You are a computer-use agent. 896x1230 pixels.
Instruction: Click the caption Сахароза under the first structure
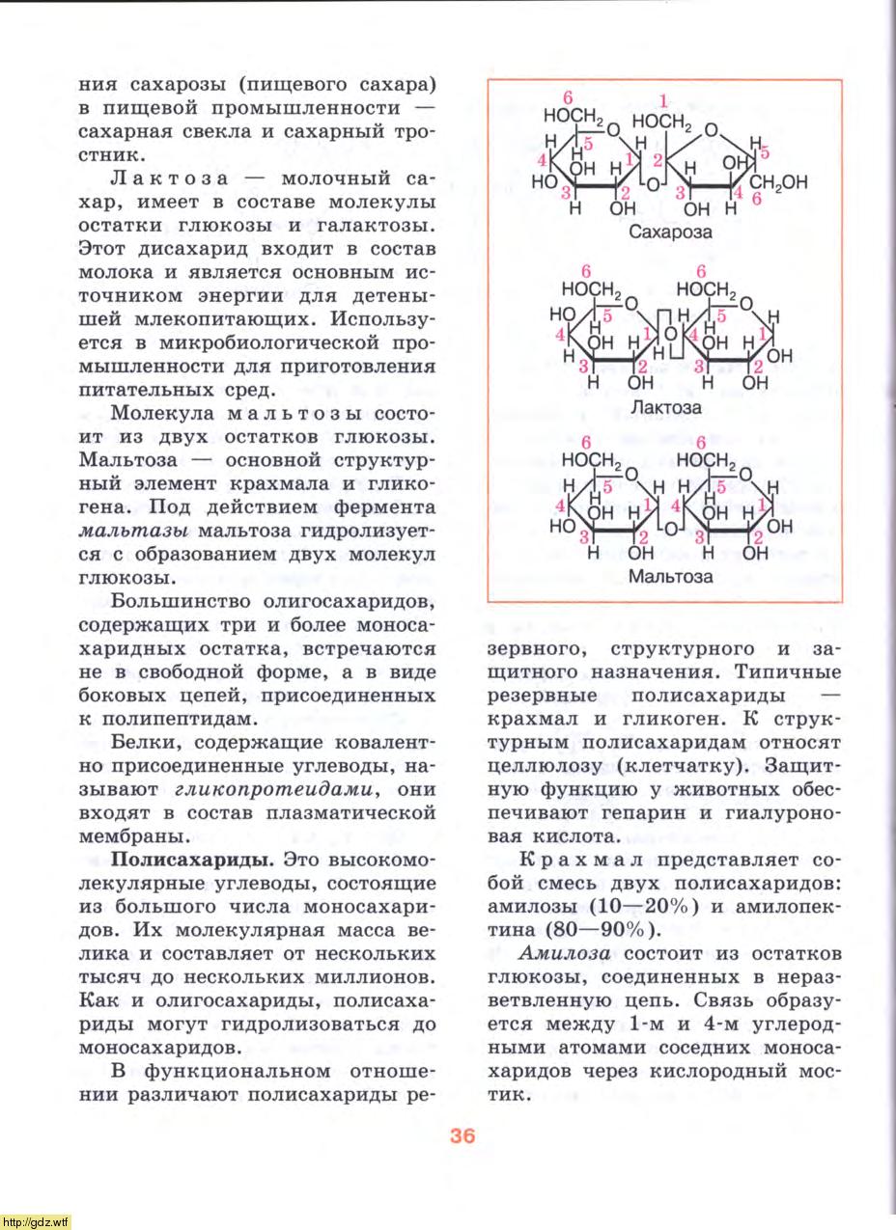[x=670, y=232]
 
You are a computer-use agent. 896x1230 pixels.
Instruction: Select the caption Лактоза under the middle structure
[x=665, y=407]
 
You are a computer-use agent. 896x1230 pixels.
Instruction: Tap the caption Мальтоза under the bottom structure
[x=670, y=577]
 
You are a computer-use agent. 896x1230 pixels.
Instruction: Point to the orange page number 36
[x=462, y=1135]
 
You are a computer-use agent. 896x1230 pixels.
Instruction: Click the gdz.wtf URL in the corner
[x=37, y=1221]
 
